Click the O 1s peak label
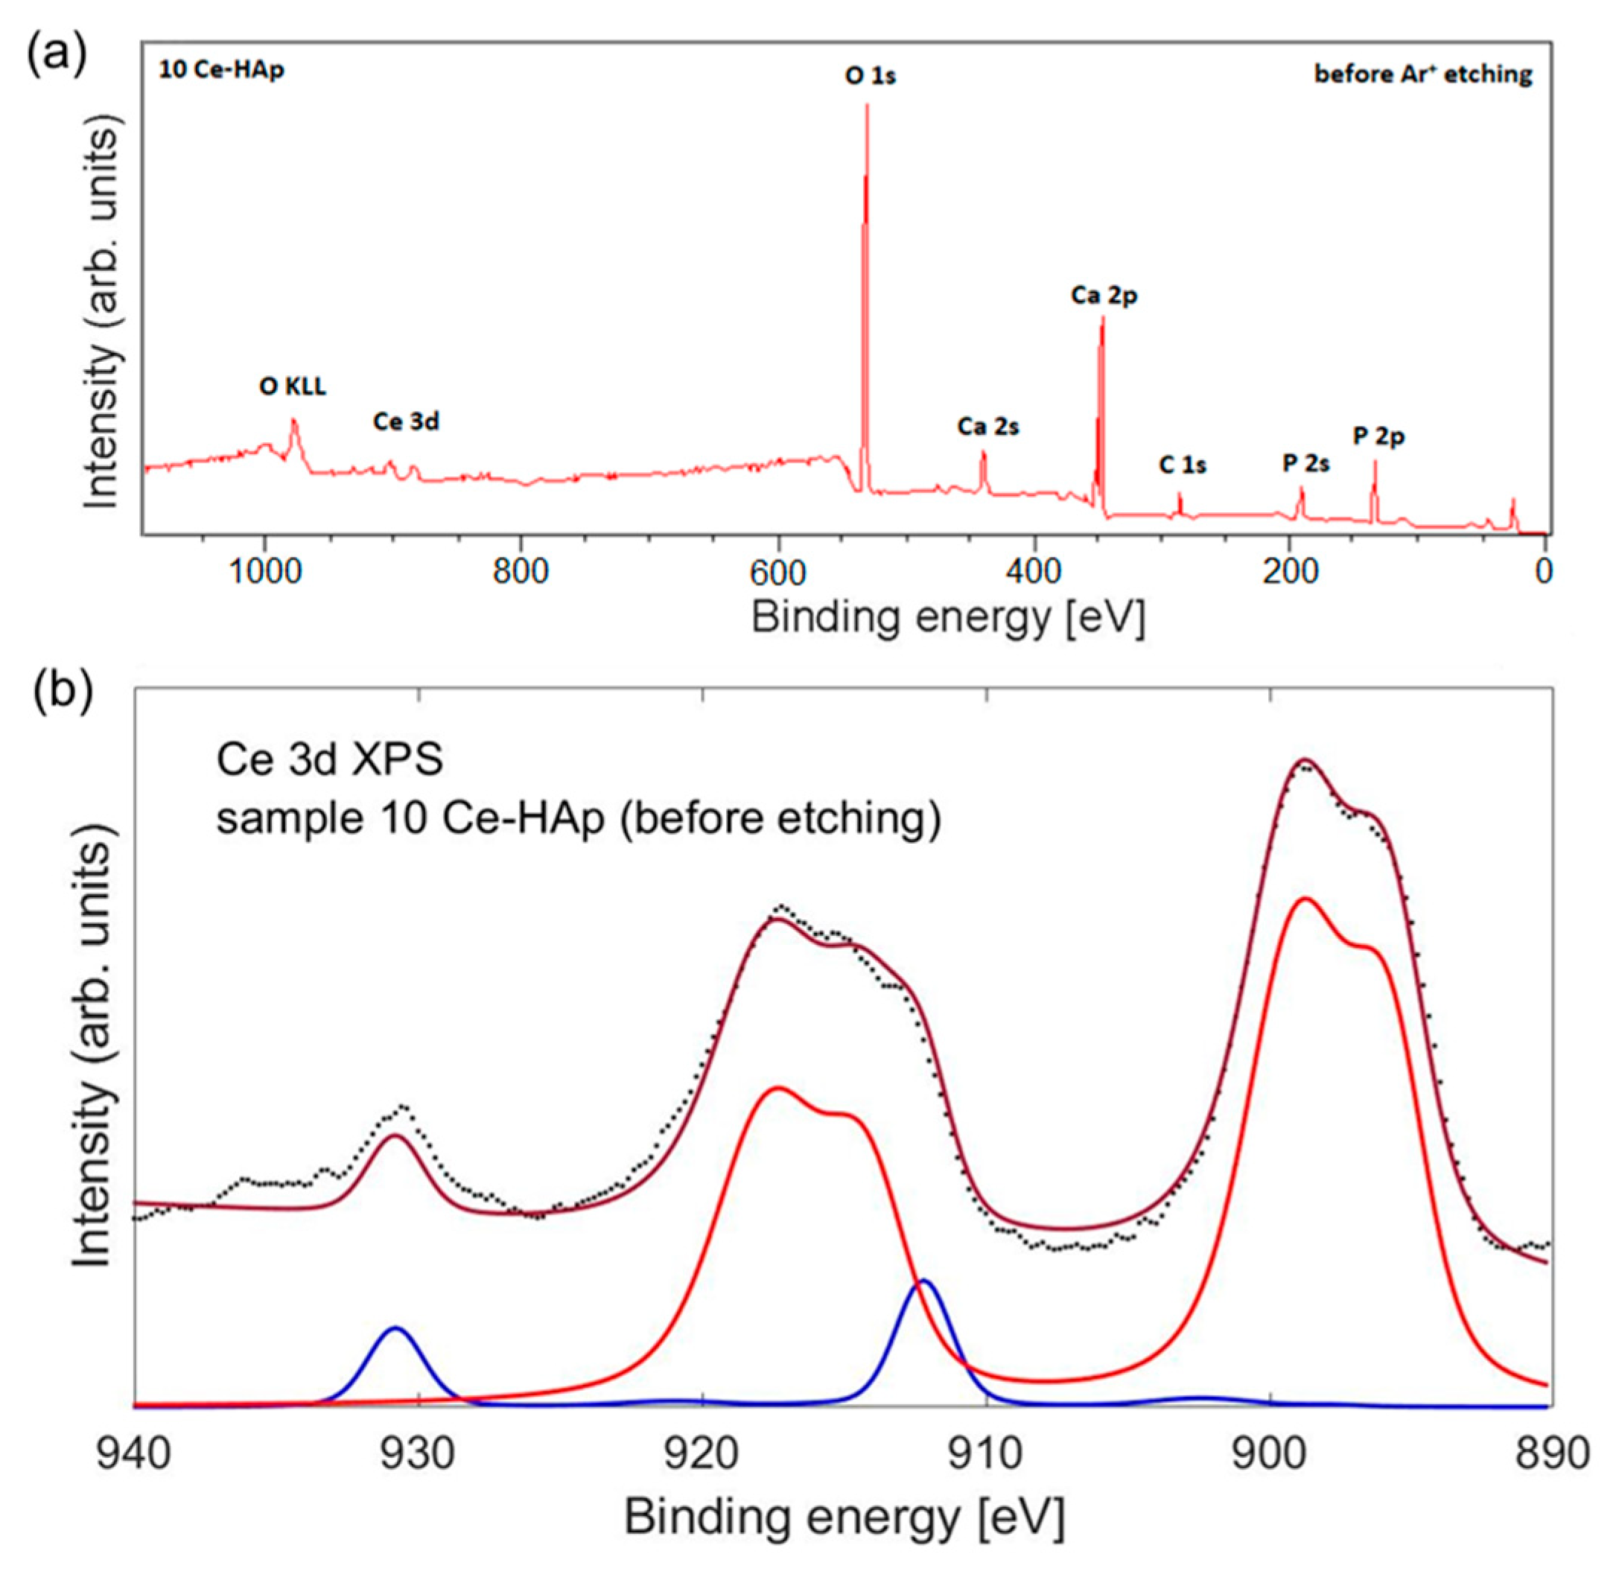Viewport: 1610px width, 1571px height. [870, 76]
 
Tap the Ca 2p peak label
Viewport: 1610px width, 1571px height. [1104, 295]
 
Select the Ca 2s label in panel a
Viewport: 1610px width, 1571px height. [987, 427]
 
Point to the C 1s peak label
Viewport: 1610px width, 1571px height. [1182, 465]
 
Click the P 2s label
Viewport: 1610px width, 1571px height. [1305, 463]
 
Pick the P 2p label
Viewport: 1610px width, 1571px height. [1378, 436]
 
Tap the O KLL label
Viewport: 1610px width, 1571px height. [292, 386]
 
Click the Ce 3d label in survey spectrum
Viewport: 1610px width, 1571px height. [406, 421]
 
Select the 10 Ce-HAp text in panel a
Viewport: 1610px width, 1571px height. [221, 70]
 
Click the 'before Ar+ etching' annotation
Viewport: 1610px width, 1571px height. [1422, 74]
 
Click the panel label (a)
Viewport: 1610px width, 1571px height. [56, 55]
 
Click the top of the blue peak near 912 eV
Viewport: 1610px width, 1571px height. [924, 1281]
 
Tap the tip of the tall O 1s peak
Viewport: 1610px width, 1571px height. [867, 106]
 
